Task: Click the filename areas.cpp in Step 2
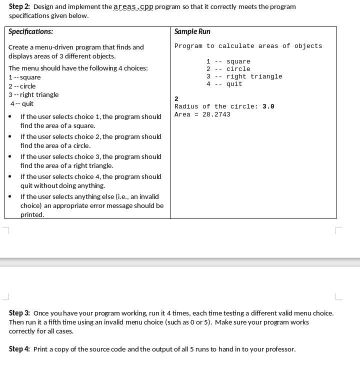(133, 7)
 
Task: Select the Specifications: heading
(31, 31)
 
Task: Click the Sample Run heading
(192, 31)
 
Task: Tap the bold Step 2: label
(20, 7)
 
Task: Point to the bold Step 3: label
(20, 313)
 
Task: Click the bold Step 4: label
(20, 349)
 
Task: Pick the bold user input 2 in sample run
(176, 99)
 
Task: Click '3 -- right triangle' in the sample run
(244, 76)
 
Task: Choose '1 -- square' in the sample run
(228, 61)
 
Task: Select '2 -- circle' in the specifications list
(22, 86)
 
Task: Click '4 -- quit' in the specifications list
(22, 103)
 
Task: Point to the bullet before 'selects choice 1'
(11, 117)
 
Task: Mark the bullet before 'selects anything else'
(11, 197)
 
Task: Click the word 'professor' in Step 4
(280, 349)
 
